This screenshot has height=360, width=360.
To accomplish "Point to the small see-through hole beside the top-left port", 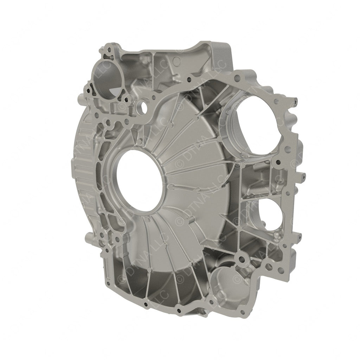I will pyautogui.click(x=142, y=105).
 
